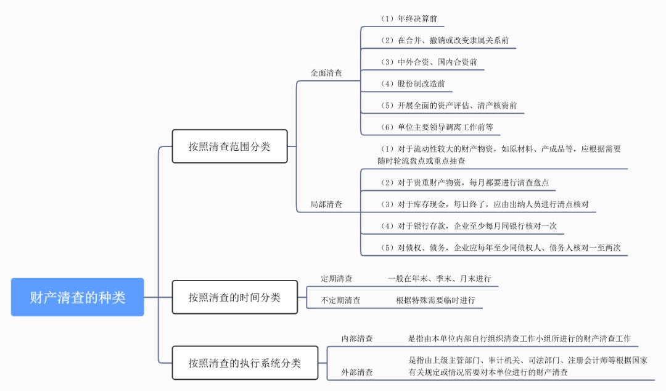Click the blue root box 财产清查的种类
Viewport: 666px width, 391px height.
click(x=78, y=297)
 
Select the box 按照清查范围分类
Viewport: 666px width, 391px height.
click(x=229, y=146)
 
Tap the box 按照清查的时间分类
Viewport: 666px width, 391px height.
click(x=234, y=297)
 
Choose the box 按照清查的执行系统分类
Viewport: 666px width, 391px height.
click(x=245, y=363)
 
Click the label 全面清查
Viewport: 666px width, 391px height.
click(x=326, y=73)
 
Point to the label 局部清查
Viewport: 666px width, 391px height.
click(x=326, y=204)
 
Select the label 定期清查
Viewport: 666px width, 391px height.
click(x=337, y=279)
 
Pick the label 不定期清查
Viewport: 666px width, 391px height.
click(x=340, y=301)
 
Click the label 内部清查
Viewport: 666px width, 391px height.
click(x=357, y=338)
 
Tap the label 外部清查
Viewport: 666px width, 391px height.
click(x=357, y=372)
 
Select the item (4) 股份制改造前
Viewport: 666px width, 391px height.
click(x=413, y=84)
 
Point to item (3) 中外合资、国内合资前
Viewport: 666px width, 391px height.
click(x=429, y=62)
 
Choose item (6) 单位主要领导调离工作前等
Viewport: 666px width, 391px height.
click(x=437, y=127)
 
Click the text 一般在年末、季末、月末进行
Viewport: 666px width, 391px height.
click(x=439, y=279)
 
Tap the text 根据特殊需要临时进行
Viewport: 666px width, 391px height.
click(x=435, y=301)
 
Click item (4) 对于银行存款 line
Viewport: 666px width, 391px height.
click(x=468, y=226)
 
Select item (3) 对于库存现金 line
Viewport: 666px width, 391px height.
click(x=487, y=204)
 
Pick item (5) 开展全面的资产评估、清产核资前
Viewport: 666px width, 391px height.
click(x=448, y=106)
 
